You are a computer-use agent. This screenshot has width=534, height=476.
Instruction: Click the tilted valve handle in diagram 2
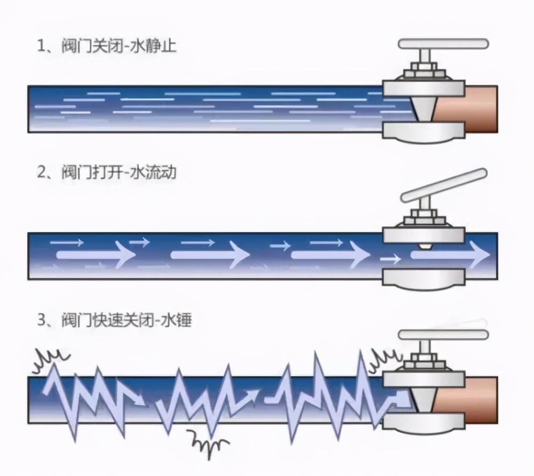pyautogui.click(x=443, y=184)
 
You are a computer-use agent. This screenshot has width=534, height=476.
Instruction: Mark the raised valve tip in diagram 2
pyautogui.click(x=426, y=247)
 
